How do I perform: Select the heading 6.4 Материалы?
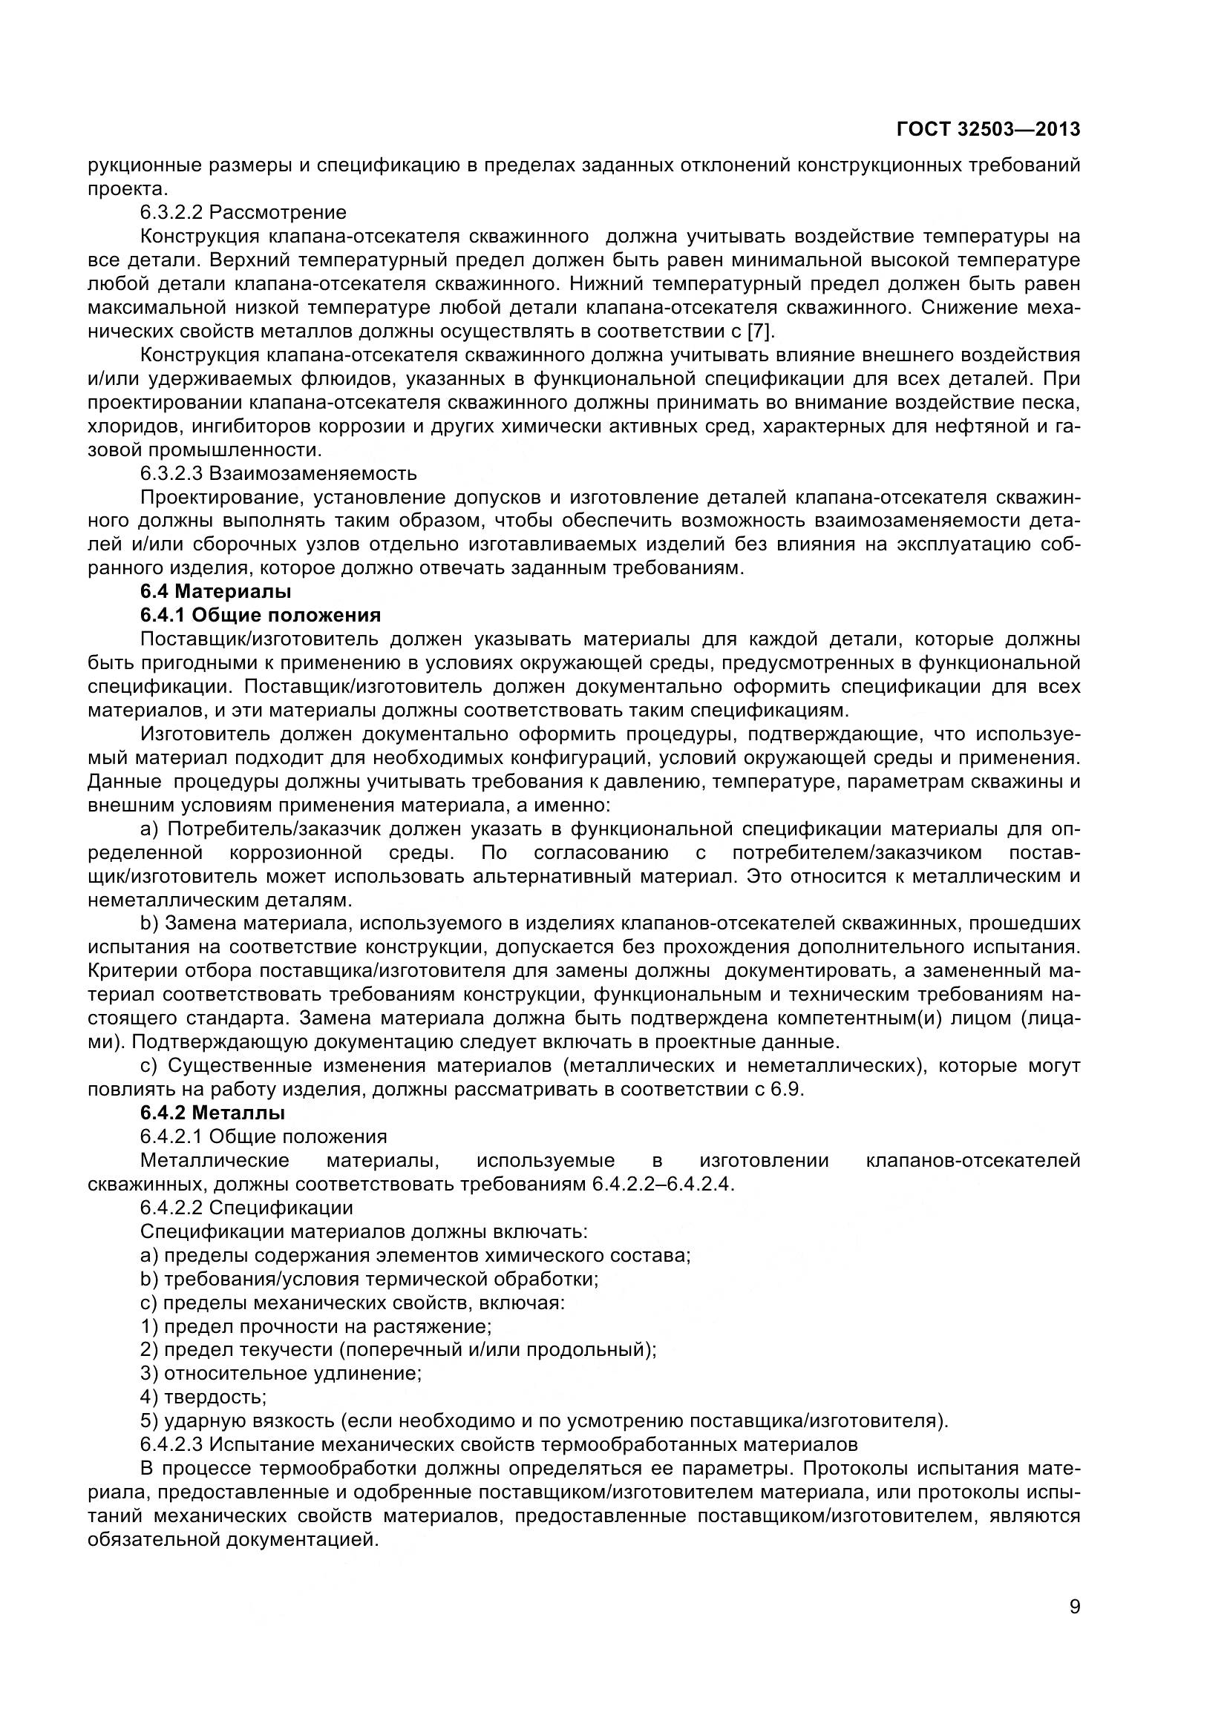tap(215, 592)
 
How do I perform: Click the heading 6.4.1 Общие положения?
tap(260, 615)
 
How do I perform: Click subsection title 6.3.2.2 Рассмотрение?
tap(243, 212)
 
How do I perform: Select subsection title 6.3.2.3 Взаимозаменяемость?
tap(278, 473)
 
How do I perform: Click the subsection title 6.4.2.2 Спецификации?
tap(246, 1208)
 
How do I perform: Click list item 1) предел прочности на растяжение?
tap(316, 1326)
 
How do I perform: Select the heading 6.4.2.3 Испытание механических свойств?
tap(499, 1444)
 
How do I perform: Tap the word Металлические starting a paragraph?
tap(215, 1160)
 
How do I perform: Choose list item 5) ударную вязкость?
tap(544, 1420)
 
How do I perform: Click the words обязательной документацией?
tap(233, 1539)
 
